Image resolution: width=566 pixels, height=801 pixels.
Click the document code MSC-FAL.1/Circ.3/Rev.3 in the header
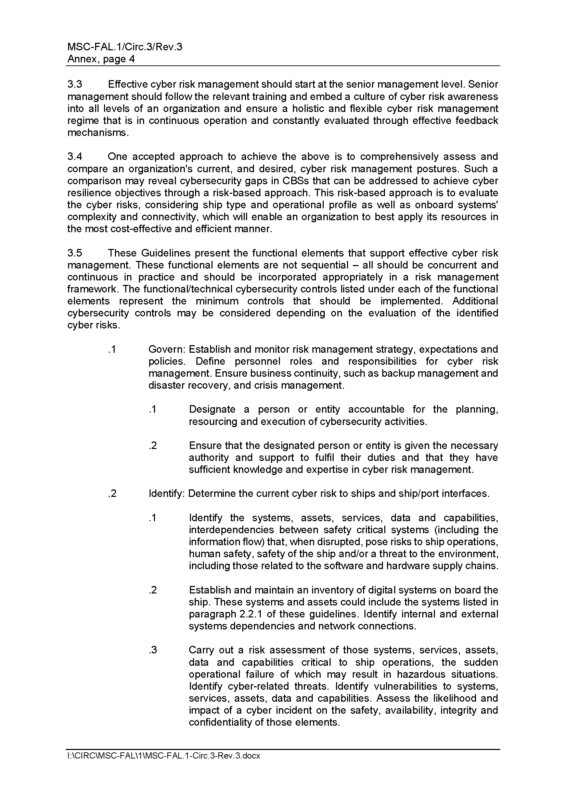[x=125, y=47]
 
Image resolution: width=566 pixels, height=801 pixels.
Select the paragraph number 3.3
[x=75, y=85]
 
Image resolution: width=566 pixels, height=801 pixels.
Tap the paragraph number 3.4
[x=75, y=157]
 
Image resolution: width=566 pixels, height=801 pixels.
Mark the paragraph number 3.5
[x=75, y=253]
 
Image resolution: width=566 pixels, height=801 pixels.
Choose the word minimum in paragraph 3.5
[x=217, y=301]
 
